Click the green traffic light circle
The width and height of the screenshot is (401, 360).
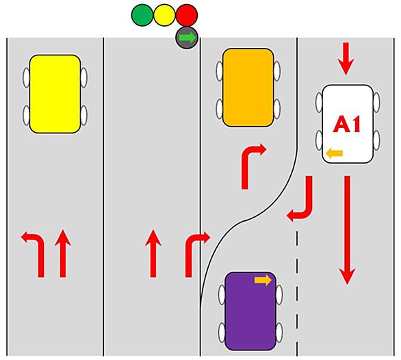click(142, 15)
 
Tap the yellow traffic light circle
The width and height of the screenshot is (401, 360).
click(164, 15)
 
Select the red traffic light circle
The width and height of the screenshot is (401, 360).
click(187, 15)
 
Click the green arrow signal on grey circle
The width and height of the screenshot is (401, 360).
click(187, 38)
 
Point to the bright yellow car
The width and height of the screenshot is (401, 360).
click(55, 94)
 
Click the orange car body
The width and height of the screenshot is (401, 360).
click(248, 88)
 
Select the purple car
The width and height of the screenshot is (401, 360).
click(250, 311)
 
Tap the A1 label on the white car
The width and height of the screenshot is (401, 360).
click(347, 125)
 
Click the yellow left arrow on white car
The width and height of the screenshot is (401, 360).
click(335, 153)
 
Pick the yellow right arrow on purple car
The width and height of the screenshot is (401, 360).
click(263, 280)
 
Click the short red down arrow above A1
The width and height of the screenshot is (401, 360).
click(346, 59)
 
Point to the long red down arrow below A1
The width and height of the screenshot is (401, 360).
click(347, 230)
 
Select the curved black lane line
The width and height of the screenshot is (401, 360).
click(246, 220)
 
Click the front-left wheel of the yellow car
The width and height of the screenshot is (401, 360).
click(26, 77)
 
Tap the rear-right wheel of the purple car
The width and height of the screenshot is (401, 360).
click(279, 333)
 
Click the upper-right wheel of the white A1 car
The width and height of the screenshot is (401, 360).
click(376, 103)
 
